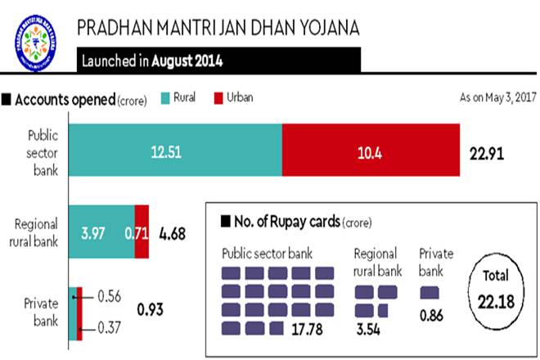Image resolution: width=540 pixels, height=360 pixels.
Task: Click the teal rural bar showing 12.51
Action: point(175,151)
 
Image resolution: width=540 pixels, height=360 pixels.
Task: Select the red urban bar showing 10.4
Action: point(370,151)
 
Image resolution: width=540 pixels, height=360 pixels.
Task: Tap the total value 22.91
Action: point(489,152)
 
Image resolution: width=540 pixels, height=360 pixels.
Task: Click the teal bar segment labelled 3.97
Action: point(96,232)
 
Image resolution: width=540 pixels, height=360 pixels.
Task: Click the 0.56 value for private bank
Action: point(109,295)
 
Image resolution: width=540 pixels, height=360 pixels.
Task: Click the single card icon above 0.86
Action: point(429,291)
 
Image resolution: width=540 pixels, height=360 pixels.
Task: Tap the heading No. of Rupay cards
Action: point(286,222)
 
